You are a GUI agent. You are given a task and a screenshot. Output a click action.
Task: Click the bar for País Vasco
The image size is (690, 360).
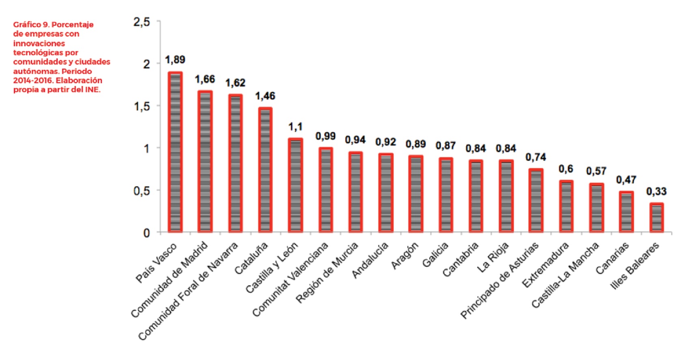pos(175,152)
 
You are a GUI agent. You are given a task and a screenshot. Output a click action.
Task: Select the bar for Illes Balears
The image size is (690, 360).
pos(656,218)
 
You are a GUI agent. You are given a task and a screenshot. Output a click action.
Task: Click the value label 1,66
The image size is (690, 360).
pos(205,79)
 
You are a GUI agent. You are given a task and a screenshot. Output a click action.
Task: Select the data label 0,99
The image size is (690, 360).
pos(326,136)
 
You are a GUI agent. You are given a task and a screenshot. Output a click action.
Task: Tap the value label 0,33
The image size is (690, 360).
pos(656,191)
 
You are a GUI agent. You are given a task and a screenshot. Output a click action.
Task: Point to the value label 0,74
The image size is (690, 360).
pos(536,157)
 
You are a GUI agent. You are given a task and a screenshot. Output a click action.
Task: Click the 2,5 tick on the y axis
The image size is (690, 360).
pos(142,22)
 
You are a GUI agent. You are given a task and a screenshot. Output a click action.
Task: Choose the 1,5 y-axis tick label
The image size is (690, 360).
pos(142,106)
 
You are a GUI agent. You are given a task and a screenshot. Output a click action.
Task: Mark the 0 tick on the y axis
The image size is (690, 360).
pos(147,233)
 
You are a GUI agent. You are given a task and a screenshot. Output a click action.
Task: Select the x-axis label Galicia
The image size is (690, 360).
pos(436,255)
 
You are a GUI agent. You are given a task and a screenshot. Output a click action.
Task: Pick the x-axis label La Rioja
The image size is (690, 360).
pos(493,257)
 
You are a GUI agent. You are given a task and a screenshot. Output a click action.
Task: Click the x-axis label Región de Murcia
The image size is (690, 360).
pos(327,272)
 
